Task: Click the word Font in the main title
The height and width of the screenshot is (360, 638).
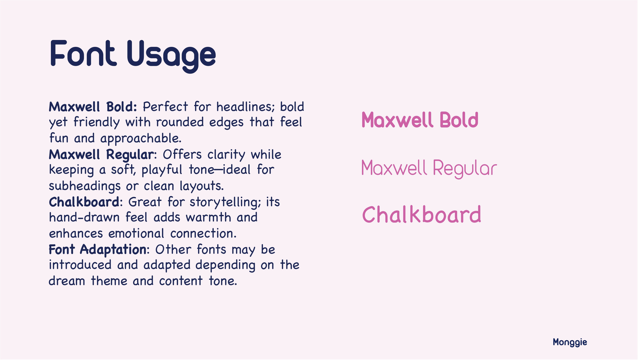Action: coord(83,53)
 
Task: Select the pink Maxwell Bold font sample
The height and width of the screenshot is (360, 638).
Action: coord(420,120)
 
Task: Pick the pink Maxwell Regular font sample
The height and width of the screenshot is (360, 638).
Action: coord(429,169)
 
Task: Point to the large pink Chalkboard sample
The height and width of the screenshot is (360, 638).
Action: coord(422,215)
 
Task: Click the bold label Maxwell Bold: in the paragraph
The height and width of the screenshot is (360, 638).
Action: coord(93,107)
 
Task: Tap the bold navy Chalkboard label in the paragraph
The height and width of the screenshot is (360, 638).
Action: coord(84,202)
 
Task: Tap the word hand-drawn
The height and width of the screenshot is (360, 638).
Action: coord(84,217)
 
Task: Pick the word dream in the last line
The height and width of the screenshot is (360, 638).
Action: coord(67,281)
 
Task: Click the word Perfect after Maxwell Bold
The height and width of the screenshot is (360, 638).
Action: coord(166,107)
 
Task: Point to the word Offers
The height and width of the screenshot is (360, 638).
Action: coord(182,155)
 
